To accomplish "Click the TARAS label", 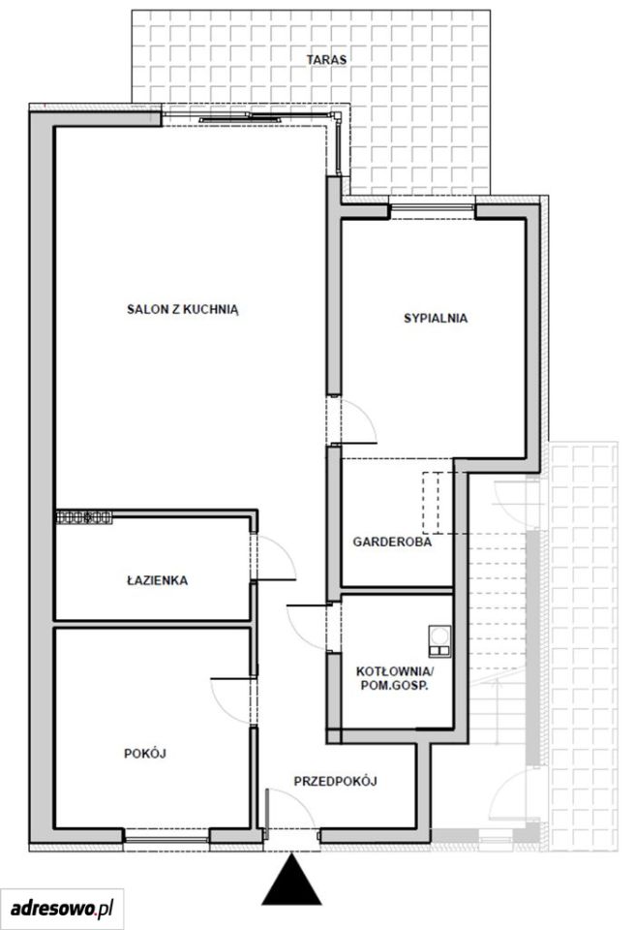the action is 326,59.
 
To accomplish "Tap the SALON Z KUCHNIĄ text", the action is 183,310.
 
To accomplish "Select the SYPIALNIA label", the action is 436,318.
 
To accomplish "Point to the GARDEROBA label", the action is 392,542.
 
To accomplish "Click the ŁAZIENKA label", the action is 157,580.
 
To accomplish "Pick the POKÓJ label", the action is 144,754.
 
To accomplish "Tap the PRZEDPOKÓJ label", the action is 336,781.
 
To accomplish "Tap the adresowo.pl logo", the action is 62,908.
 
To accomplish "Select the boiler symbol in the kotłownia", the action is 439,641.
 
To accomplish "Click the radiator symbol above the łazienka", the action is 84,517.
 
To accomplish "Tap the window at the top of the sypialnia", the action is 433,207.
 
